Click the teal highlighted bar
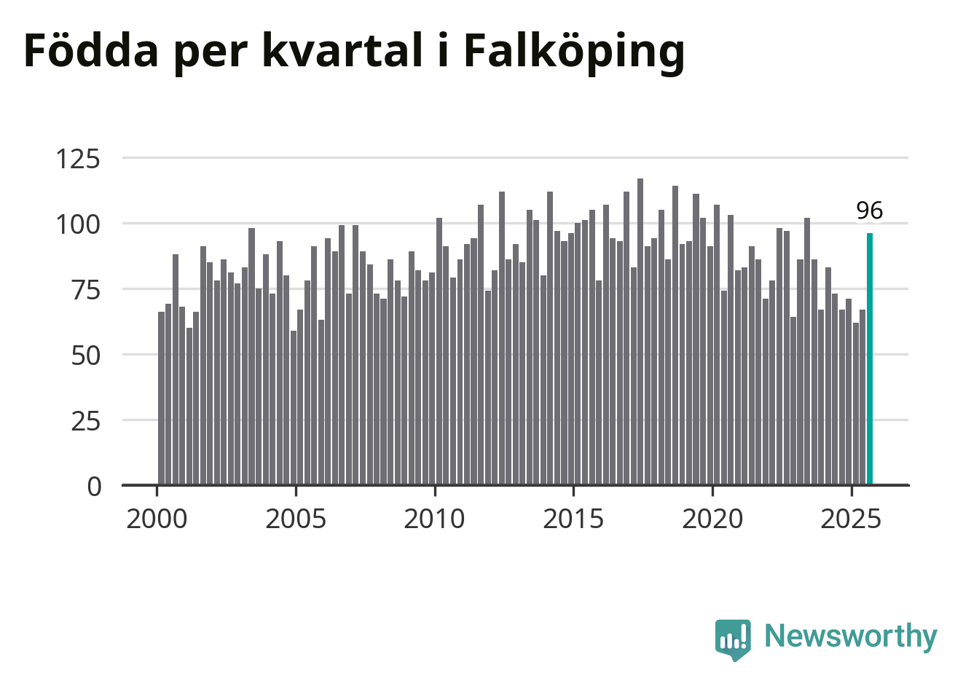click(x=870, y=358)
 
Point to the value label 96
click(x=869, y=211)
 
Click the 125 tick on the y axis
click(x=78, y=158)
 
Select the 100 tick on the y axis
click(x=78, y=224)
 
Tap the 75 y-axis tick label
click(x=85, y=289)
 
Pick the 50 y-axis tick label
click(x=85, y=355)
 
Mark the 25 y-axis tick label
click(x=85, y=421)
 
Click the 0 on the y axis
click(x=94, y=487)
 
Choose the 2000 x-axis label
click(x=157, y=519)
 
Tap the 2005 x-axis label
click(x=296, y=519)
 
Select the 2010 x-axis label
click(x=434, y=519)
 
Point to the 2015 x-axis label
click(x=573, y=519)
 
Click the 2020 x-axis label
click(x=712, y=519)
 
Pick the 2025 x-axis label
click(x=851, y=519)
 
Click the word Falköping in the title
click(x=574, y=51)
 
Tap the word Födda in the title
click(x=91, y=51)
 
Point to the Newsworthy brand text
click(x=850, y=636)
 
